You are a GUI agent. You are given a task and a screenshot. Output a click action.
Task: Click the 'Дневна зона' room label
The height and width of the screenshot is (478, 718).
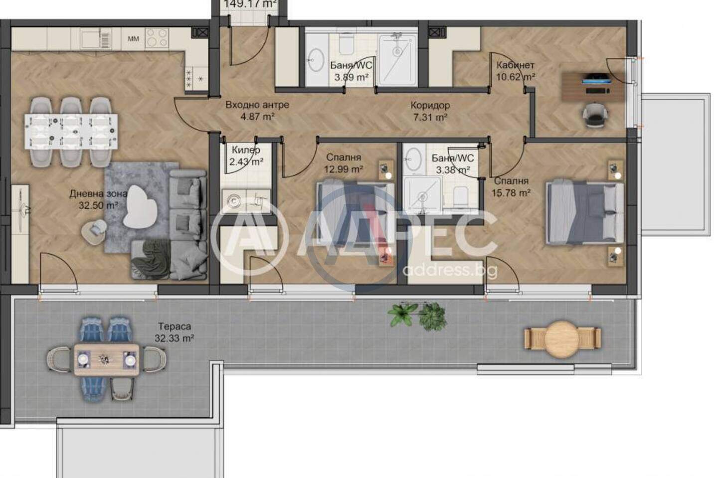[99, 193]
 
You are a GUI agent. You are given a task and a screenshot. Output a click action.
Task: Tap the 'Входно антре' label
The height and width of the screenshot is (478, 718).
[257, 105]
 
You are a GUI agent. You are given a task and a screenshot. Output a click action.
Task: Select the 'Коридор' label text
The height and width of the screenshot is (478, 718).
[430, 105]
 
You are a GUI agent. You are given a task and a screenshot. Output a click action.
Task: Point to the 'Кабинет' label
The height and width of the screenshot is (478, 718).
[515, 65]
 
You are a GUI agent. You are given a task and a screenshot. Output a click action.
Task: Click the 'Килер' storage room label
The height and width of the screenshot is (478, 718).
[246, 150]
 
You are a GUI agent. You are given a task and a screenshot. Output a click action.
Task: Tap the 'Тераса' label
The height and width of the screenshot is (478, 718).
[175, 326]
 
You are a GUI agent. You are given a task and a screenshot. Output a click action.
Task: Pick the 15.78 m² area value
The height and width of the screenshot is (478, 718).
[511, 193]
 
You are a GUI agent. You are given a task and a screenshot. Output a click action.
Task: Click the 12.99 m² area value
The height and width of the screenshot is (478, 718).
[343, 169]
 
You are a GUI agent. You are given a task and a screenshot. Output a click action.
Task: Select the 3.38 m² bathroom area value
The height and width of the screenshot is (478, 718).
[453, 170]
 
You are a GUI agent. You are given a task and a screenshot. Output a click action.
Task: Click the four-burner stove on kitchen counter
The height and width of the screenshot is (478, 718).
[157, 38]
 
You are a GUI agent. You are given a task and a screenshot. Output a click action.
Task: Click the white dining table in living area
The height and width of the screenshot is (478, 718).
[71, 132]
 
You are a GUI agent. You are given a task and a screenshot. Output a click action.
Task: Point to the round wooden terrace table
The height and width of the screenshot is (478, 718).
[561, 339]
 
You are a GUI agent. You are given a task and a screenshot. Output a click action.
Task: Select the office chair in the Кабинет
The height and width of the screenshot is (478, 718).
[595, 115]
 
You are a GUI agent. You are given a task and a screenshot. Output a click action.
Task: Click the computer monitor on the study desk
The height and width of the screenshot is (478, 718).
[595, 78]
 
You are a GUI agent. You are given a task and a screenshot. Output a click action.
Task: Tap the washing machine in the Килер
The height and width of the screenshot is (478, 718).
[234, 201]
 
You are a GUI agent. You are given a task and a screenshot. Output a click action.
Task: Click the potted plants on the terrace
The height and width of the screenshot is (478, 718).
[417, 315]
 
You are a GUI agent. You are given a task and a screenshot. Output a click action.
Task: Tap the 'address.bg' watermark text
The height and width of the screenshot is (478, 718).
[450, 270]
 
